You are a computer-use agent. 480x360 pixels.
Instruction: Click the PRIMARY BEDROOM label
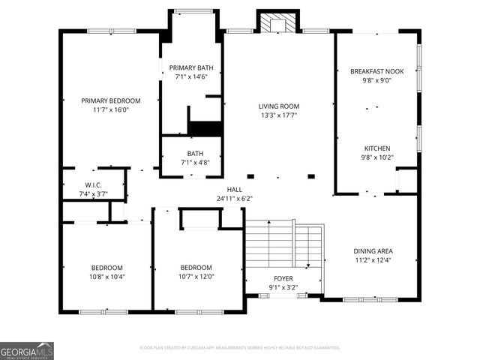coord(111,100)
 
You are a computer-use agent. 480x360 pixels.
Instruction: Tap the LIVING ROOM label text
coord(279,106)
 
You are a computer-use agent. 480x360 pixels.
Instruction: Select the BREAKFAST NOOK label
coord(377,71)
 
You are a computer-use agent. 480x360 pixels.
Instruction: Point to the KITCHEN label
coord(377,148)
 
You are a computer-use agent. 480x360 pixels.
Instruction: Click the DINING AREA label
coord(373,251)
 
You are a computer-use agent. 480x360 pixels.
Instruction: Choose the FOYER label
coord(283,277)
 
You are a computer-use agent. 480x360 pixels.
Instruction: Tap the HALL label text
coord(235,190)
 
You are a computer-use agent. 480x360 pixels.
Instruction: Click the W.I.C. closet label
coord(93,185)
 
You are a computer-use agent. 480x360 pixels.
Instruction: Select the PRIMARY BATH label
coord(190,68)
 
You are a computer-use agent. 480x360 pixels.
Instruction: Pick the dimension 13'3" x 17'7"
coord(279,115)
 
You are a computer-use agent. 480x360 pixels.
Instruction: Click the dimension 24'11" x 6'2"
coord(235,199)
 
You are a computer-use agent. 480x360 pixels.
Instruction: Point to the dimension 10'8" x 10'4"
coord(107,277)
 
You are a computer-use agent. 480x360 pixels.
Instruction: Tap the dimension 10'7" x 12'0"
coord(196,277)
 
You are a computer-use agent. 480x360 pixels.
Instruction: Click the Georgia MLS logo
coord(27,350)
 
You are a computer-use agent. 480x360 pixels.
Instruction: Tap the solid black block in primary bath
coord(205,128)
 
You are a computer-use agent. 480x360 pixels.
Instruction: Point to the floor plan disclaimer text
coord(240,348)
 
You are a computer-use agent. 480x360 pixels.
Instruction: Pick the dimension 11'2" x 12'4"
coord(373,260)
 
